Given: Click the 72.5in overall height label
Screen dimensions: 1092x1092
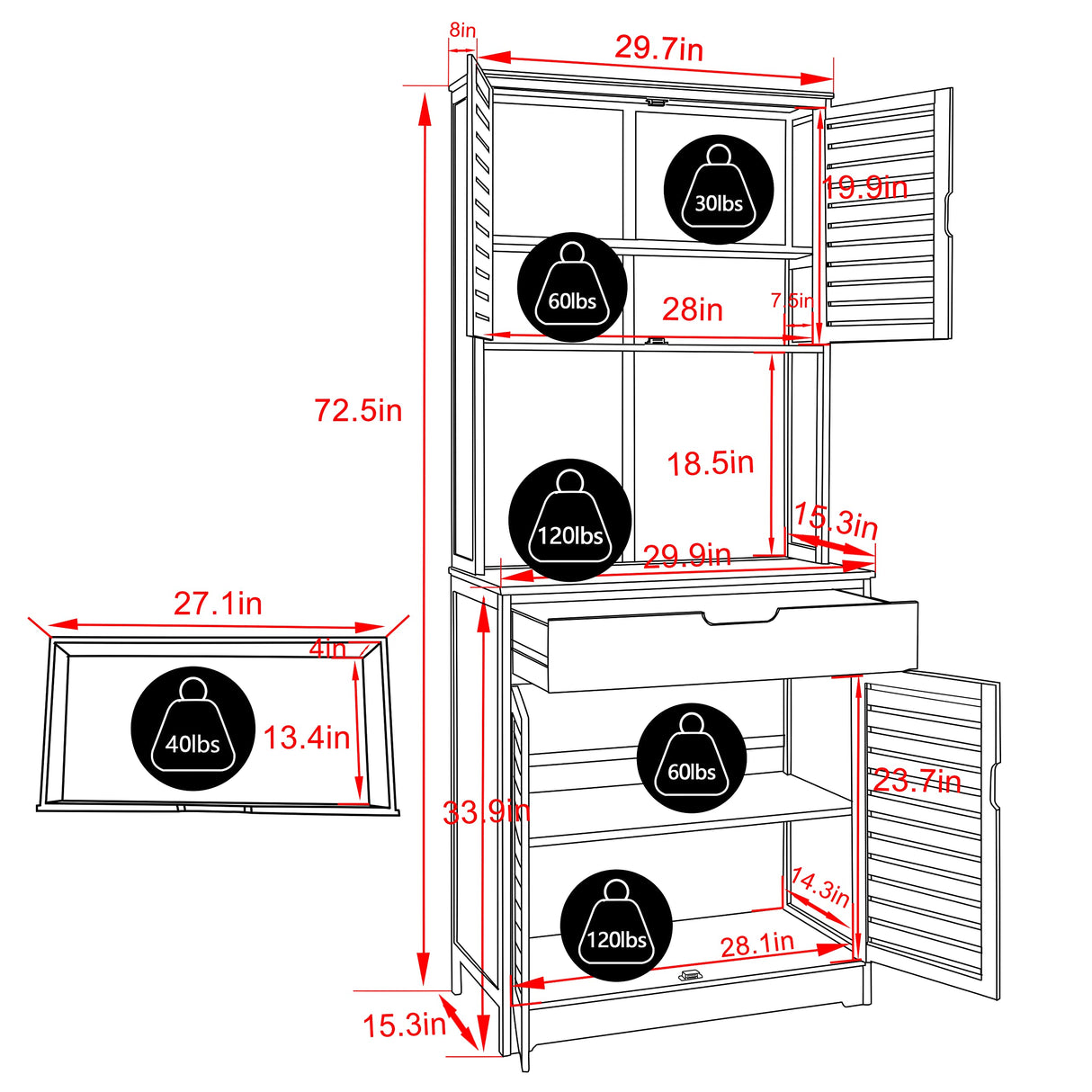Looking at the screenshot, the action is [358, 411].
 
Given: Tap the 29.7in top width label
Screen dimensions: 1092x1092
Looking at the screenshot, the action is [658, 48].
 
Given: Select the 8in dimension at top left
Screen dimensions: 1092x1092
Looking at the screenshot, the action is [462, 30].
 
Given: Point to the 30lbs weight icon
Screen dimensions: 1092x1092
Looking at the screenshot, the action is [719, 190].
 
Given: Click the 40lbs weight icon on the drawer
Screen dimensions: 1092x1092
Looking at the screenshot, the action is [192, 729].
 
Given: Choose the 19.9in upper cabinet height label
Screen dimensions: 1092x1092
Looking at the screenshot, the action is [864, 187].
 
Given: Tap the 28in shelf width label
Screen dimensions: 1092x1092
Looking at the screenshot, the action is [693, 310].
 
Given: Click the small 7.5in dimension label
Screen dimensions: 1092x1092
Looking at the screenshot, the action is [792, 301].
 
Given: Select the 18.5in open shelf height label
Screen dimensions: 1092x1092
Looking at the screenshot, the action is [711, 463].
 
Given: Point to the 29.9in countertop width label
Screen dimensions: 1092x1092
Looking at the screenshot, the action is [687, 556].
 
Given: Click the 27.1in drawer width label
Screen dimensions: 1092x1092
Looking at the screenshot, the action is [218, 604].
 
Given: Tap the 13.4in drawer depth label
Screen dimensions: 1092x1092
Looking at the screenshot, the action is [307, 738].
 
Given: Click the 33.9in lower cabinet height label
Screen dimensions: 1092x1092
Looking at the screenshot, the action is [487, 812].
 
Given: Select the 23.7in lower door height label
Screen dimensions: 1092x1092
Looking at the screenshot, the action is [917, 782].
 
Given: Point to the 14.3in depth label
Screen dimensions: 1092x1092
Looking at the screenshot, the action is [819, 887].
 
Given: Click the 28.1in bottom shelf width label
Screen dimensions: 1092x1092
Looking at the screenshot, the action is [757, 944].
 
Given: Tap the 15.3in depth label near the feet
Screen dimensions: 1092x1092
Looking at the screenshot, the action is [405, 1025].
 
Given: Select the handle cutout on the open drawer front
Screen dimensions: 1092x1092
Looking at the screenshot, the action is [740, 616].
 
